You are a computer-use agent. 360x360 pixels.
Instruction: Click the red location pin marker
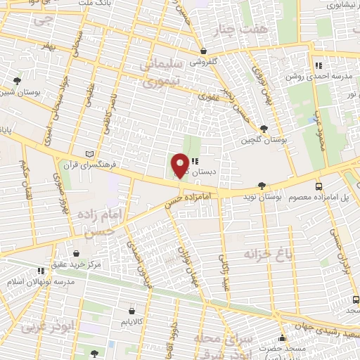(x=180, y=166)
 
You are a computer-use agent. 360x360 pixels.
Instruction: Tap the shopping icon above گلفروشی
(x=203, y=51)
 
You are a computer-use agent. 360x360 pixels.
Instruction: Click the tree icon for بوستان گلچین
(x=264, y=128)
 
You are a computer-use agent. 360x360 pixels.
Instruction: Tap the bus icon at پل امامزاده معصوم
(x=319, y=186)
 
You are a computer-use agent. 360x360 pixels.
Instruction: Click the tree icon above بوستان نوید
(x=262, y=186)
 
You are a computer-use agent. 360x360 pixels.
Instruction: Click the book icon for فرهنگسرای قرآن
(x=88, y=154)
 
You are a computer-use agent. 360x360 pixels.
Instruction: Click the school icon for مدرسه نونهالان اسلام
(x=41, y=270)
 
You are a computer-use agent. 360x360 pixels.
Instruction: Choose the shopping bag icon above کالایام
(x=131, y=310)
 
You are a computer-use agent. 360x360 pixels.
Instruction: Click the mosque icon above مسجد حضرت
(x=283, y=337)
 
